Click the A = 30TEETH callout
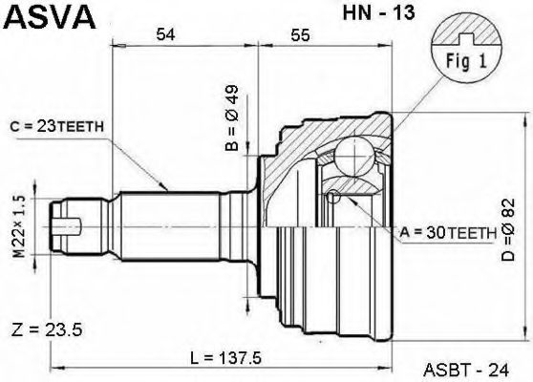447,231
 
